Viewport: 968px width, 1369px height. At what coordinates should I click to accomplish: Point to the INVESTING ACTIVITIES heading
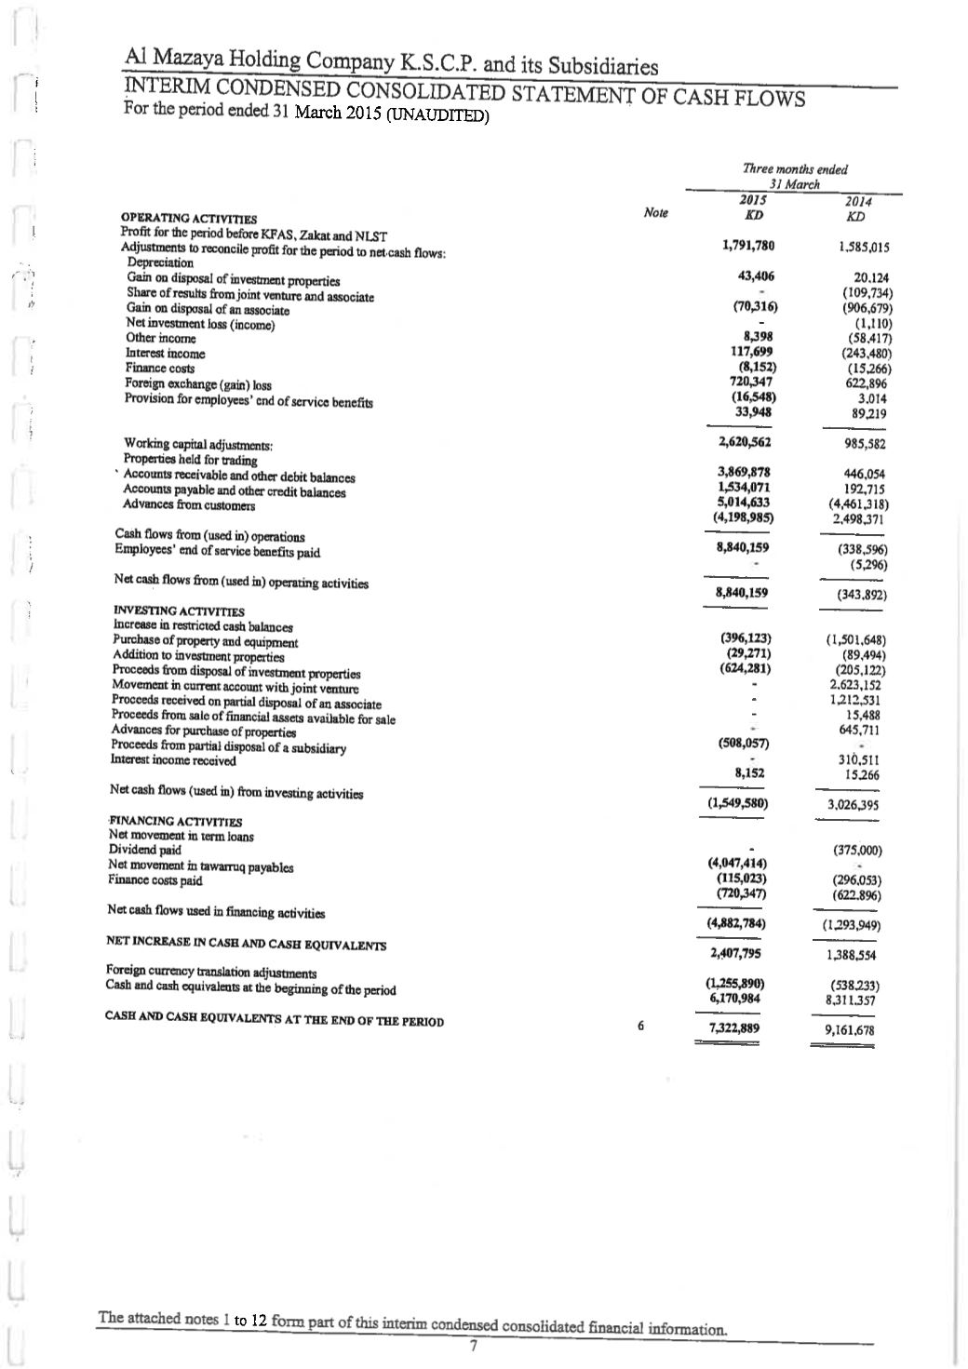[x=179, y=611]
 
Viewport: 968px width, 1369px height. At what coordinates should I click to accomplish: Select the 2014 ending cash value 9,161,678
[x=849, y=1030]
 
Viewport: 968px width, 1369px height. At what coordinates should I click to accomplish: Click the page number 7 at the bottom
[x=473, y=1346]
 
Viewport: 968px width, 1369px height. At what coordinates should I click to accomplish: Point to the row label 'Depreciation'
[x=160, y=262]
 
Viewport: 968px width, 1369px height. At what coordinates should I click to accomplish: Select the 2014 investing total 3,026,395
[x=853, y=805]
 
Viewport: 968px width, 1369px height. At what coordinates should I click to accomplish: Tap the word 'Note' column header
[x=655, y=213]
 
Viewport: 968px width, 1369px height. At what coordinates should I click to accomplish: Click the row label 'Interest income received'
[x=173, y=760]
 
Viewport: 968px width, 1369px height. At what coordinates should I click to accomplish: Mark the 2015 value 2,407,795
[x=736, y=953]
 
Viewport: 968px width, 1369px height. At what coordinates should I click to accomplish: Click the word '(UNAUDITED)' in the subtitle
[x=437, y=117]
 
